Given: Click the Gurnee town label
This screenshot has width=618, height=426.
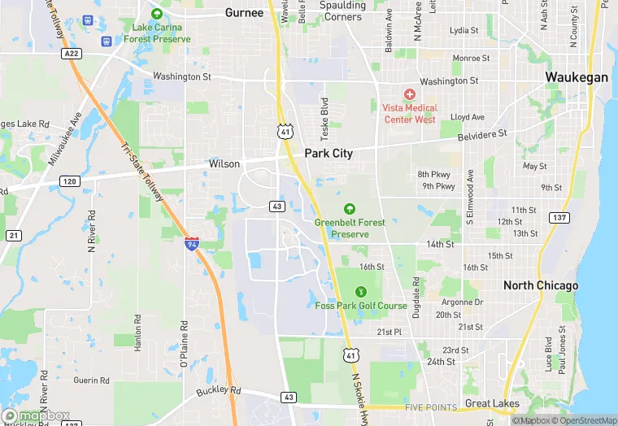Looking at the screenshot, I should pyautogui.click(x=244, y=12).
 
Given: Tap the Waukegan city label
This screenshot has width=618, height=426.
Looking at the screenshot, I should pyautogui.click(x=577, y=77).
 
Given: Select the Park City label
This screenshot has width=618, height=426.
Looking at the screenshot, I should pyautogui.click(x=329, y=153).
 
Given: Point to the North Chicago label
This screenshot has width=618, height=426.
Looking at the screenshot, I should pyautogui.click(x=541, y=285).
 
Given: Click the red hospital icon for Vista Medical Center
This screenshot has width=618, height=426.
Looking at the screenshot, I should pyautogui.click(x=409, y=94).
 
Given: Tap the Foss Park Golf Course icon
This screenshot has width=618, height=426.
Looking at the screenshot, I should pyautogui.click(x=361, y=292).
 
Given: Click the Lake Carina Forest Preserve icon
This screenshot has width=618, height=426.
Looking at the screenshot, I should pyautogui.click(x=157, y=14).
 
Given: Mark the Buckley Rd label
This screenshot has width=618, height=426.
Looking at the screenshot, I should pyautogui.click(x=219, y=391).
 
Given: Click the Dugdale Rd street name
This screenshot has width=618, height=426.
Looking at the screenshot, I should pyautogui.click(x=416, y=297).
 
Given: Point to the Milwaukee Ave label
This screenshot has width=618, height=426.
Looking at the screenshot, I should pyautogui.click(x=64, y=139).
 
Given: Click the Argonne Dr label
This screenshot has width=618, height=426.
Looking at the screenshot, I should pyautogui.click(x=462, y=302).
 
